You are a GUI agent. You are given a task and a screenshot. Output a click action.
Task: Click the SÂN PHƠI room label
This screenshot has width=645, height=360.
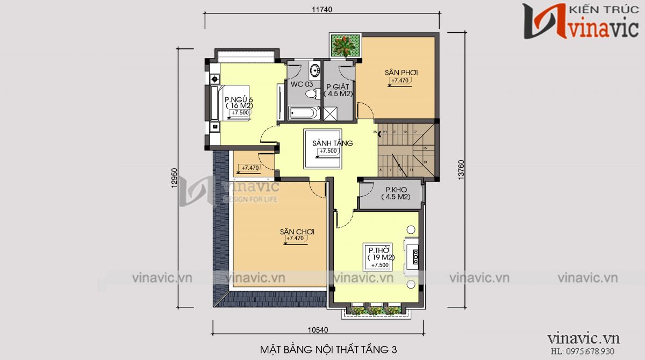click(401, 73)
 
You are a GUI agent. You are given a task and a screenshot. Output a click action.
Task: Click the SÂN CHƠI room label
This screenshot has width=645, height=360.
click(297, 232)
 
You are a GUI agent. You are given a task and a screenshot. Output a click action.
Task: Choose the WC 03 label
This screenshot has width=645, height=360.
click(302, 85)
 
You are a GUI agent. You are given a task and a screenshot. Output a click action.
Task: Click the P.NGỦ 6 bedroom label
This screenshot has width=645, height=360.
click(239, 99)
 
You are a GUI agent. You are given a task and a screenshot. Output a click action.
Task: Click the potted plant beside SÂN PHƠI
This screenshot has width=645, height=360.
click(344, 45)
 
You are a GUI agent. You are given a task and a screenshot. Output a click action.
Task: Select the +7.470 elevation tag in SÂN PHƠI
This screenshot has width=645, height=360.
click(400, 81)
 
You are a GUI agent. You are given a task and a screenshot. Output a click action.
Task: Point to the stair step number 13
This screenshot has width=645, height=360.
click(425, 162)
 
